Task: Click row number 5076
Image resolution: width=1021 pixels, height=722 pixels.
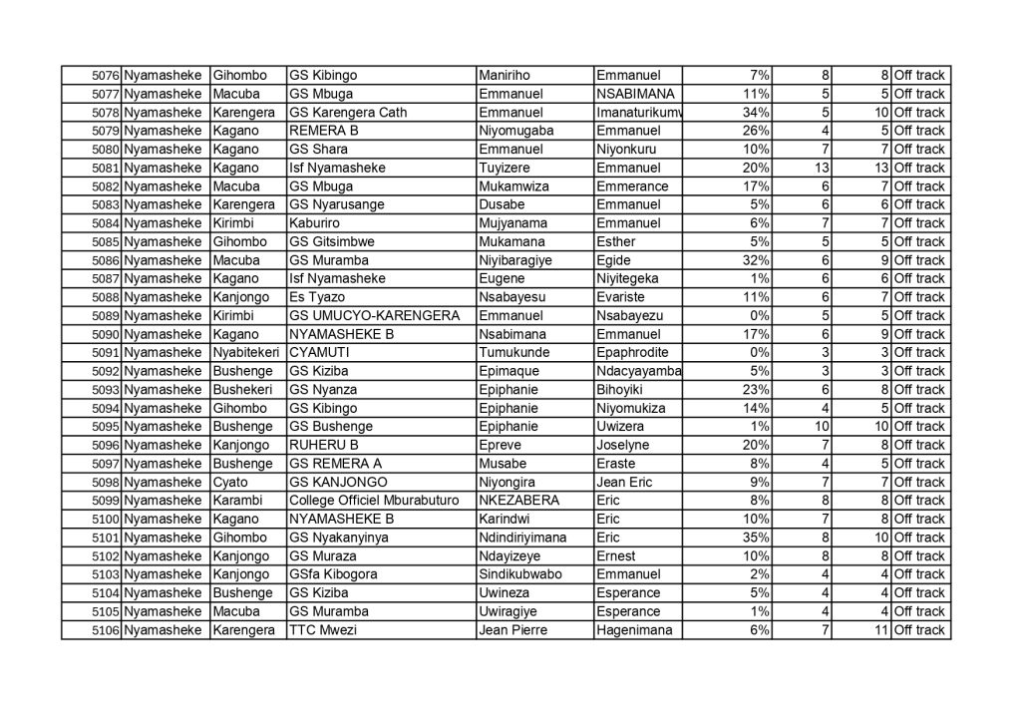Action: [x=105, y=76]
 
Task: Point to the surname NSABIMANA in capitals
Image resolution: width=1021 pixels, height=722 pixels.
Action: [x=634, y=94]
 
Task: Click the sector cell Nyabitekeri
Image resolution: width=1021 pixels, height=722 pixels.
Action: [x=244, y=353]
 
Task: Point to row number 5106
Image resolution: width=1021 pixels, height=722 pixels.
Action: [x=105, y=630]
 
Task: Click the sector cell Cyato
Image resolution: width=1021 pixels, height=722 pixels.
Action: [x=231, y=483]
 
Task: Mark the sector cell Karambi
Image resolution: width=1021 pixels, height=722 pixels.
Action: [x=238, y=501]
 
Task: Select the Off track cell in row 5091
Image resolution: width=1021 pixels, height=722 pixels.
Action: [x=918, y=353]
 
